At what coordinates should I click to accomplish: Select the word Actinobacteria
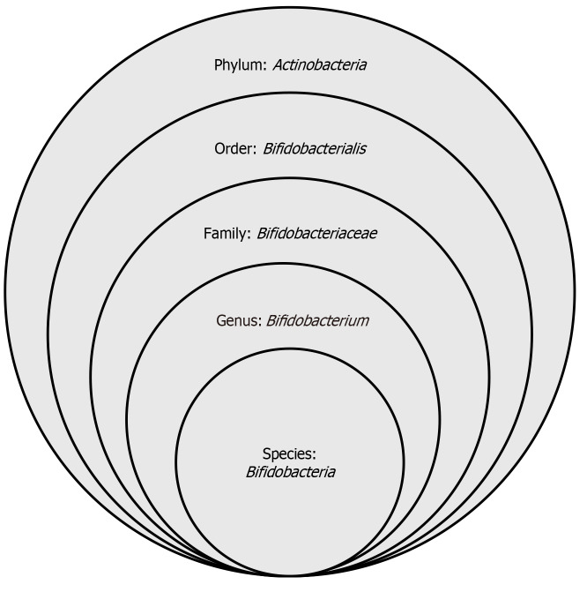(x=321, y=65)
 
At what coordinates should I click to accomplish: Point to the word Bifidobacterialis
(x=315, y=149)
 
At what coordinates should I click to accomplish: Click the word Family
(x=226, y=235)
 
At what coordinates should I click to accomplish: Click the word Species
(x=289, y=454)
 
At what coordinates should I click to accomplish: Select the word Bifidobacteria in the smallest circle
(x=291, y=472)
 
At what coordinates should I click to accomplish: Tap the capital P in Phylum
(x=218, y=65)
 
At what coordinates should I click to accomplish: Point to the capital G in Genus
(x=220, y=320)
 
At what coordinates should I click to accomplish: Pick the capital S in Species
(x=268, y=454)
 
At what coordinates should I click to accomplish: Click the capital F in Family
(x=206, y=235)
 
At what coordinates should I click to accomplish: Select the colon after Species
(x=314, y=455)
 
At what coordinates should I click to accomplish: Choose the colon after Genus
(x=258, y=321)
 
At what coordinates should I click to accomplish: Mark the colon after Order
(x=255, y=150)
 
